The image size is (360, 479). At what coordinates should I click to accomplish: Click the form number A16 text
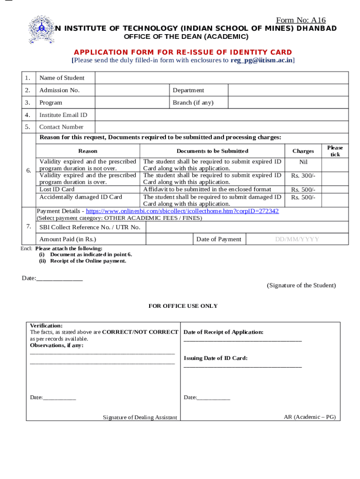click(x=301, y=20)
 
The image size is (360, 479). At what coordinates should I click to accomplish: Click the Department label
click(x=188, y=90)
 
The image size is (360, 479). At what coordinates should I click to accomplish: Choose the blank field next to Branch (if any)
click(x=288, y=102)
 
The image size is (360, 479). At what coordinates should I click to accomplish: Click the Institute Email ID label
click(x=63, y=115)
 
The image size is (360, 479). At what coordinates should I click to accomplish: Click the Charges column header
click(x=303, y=151)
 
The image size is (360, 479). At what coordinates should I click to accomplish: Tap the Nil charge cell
click(x=303, y=162)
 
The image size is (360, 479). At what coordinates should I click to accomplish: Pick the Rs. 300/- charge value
click(x=303, y=176)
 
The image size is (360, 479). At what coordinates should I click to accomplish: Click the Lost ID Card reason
click(x=57, y=189)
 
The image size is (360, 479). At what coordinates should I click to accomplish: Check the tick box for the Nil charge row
click(x=335, y=165)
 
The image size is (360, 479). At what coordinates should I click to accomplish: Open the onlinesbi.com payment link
click(x=182, y=211)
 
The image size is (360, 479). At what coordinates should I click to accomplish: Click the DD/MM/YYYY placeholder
click(x=297, y=239)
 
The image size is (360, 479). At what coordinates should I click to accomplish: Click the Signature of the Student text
click(x=301, y=285)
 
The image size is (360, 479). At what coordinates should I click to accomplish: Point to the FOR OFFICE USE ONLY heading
click(x=183, y=306)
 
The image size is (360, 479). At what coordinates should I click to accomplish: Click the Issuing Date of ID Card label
click(x=216, y=358)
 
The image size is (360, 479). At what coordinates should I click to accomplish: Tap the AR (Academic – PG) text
click(x=310, y=417)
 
